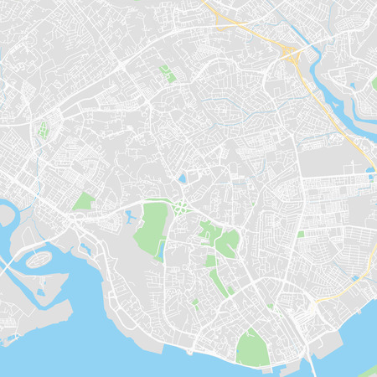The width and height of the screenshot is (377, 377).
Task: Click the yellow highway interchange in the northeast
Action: pos(291,56)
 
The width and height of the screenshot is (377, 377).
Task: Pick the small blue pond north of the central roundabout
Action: pos(182,178)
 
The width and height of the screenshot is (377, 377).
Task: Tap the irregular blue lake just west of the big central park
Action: pos(130,217)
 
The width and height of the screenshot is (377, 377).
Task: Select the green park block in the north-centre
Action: pos(168,74)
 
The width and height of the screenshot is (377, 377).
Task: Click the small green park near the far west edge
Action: pos(42,130)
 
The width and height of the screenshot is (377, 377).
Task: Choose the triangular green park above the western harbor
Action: pos(83,201)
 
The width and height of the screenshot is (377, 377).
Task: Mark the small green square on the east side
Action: pos(300,234)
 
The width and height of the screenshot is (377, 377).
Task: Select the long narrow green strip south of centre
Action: pos(217,281)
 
